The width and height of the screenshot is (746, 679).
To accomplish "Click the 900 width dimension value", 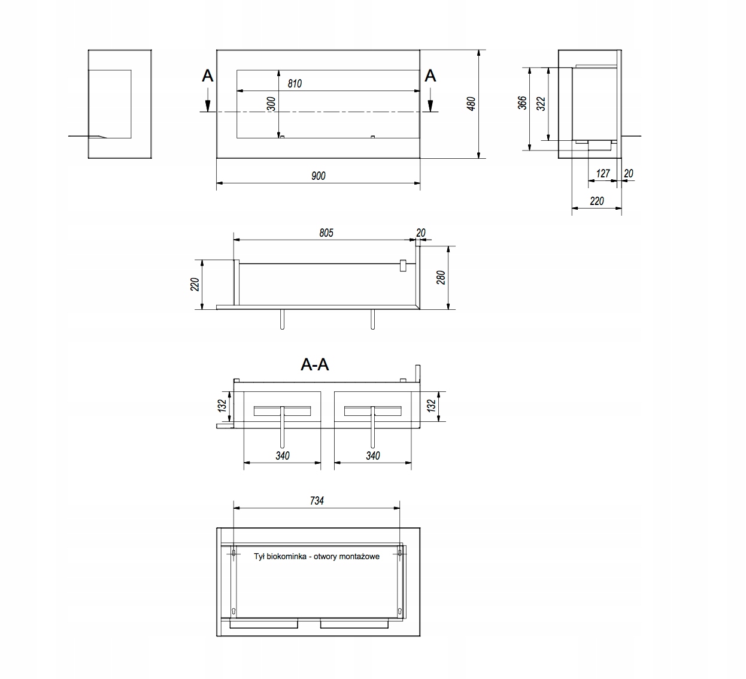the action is pos(319,176).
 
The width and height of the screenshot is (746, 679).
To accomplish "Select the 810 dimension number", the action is pos(295,84).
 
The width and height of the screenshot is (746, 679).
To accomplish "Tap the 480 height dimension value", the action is pos(471,104).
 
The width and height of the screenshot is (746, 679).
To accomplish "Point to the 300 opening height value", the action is pos(271,104).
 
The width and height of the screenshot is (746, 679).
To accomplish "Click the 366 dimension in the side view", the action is pos(522,102).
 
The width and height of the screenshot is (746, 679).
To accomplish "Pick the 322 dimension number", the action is pos(541,104).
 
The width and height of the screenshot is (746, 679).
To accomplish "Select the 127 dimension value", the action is pos(603,173).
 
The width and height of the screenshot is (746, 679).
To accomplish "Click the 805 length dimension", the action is pos(326,233).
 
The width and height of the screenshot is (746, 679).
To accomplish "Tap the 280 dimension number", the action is pos(441,277).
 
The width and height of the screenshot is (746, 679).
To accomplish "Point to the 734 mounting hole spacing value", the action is pos(317,500).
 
